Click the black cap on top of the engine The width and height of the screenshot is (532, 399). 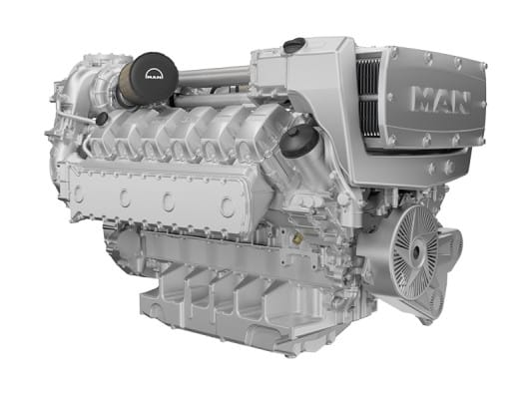point(294,46)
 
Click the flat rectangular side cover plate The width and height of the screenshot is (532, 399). point(155,199)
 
